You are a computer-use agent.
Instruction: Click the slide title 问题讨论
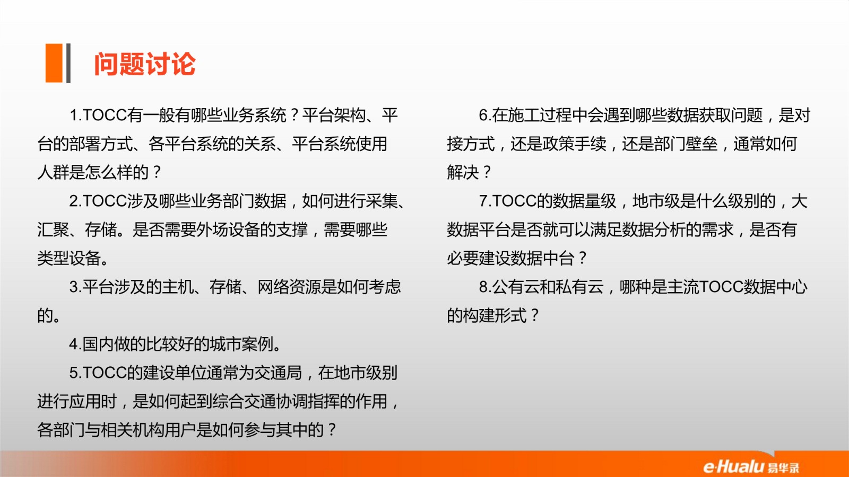coord(145,64)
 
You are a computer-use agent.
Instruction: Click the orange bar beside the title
coord(54,63)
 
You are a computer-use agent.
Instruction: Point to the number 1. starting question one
coord(76,115)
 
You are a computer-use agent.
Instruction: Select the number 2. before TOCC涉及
coord(76,201)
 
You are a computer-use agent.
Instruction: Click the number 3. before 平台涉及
coord(76,287)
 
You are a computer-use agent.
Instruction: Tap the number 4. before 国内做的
coord(76,344)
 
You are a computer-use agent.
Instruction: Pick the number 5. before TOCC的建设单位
coord(76,373)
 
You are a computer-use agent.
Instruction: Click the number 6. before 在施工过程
coord(486,115)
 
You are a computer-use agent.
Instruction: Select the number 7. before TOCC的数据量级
coord(486,201)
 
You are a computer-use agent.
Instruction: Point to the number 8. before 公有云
coord(486,287)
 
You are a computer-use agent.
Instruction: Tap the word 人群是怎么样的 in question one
coord(93,173)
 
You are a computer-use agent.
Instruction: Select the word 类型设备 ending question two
coord(69,258)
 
